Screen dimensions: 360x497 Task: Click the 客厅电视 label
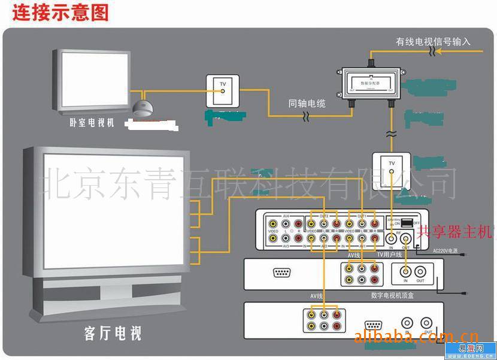pyautogui.click(x=113, y=332)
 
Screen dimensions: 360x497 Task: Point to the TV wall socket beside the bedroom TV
pyautogui.click(x=222, y=90)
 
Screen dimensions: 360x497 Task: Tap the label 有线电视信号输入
pyautogui.click(x=433, y=42)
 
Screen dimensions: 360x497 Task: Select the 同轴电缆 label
pyautogui.click(x=307, y=104)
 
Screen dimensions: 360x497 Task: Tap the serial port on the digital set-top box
pyautogui.click(x=283, y=273)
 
